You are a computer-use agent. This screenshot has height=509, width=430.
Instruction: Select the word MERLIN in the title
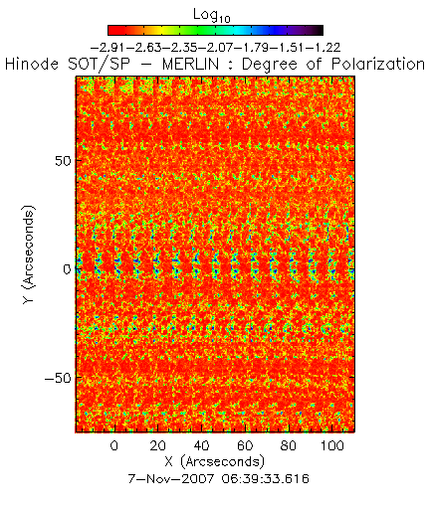click(x=190, y=64)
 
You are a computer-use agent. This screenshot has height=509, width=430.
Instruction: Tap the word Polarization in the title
click(x=378, y=65)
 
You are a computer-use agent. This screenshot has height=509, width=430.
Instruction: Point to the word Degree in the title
click(x=270, y=65)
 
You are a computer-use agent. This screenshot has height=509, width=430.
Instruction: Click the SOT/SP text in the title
click(x=99, y=64)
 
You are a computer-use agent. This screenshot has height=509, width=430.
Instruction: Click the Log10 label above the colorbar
click(x=212, y=15)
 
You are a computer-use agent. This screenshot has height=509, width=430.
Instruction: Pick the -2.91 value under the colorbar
click(x=107, y=48)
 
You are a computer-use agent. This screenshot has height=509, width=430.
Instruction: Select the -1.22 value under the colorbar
click(x=322, y=48)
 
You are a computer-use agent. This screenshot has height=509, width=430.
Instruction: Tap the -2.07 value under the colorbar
click(x=215, y=48)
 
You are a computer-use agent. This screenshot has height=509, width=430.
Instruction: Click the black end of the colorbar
click(x=320, y=30)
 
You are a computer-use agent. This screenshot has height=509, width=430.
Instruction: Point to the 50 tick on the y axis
click(x=63, y=161)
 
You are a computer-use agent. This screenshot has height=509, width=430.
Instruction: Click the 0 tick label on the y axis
click(x=68, y=269)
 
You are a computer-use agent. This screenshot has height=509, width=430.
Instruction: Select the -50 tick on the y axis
click(x=58, y=378)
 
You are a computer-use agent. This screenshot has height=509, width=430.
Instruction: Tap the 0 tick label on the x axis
click(x=114, y=445)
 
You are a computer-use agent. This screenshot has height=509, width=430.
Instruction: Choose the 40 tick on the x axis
click(x=201, y=445)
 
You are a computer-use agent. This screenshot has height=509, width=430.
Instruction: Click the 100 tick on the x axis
click(x=332, y=445)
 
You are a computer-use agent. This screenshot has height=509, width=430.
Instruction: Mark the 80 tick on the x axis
click(x=289, y=445)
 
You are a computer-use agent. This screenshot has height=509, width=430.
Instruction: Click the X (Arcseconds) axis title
click(x=214, y=462)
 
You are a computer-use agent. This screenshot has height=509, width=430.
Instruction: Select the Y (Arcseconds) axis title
click(x=28, y=254)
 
